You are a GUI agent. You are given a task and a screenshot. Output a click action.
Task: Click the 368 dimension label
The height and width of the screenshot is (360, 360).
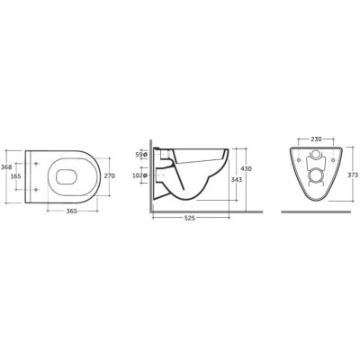(6, 167)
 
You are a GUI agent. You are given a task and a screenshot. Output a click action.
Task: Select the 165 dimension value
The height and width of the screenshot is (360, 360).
(15, 176)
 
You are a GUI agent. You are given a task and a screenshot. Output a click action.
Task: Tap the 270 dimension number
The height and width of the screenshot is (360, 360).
(110, 176)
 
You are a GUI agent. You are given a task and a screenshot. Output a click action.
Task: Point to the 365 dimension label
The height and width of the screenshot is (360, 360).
(72, 211)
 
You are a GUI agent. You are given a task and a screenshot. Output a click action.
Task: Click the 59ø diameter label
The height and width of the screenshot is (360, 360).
(141, 155)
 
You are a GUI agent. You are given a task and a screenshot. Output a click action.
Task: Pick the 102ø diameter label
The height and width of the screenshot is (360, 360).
(139, 175)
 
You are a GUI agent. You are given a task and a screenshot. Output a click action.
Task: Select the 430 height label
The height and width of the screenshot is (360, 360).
(247, 168)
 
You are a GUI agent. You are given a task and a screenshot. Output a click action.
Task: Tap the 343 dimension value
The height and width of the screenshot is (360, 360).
(237, 179)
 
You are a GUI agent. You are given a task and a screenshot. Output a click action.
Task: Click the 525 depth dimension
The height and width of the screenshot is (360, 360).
(190, 219)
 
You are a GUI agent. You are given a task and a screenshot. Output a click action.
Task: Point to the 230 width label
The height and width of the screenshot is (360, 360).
(316, 139)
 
